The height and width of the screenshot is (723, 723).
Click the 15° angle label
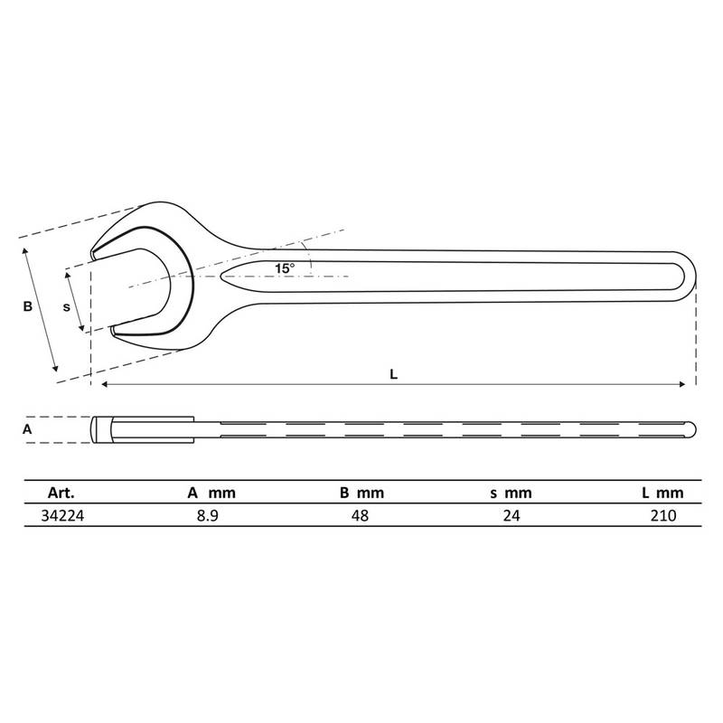(285, 268)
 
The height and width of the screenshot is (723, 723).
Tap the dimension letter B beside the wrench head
(28, 306)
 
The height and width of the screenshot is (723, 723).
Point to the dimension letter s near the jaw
(66, 307)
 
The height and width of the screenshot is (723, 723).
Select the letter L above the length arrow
(393, 374)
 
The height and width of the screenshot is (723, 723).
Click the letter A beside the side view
(27, 429)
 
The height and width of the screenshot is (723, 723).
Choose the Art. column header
(61, 493)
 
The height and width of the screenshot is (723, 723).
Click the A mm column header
(211, 493)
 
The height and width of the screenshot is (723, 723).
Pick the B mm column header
(362, 493)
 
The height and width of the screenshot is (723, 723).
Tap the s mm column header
(511, 493)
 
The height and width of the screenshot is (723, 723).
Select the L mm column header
(662, 493)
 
